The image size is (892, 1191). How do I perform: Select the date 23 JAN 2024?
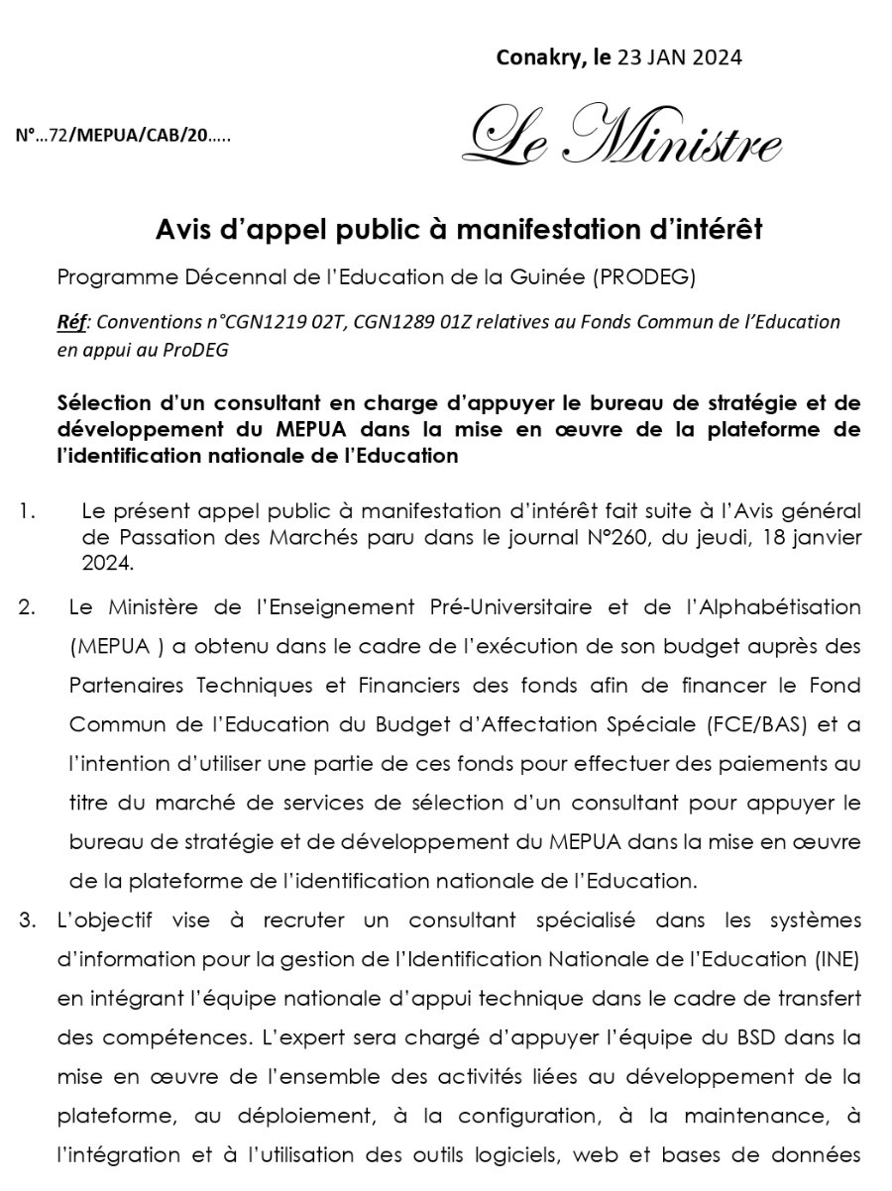click(679, 57)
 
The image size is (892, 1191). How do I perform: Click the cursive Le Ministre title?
click(623, 138)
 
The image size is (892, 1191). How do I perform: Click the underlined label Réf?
click(73, 322)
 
